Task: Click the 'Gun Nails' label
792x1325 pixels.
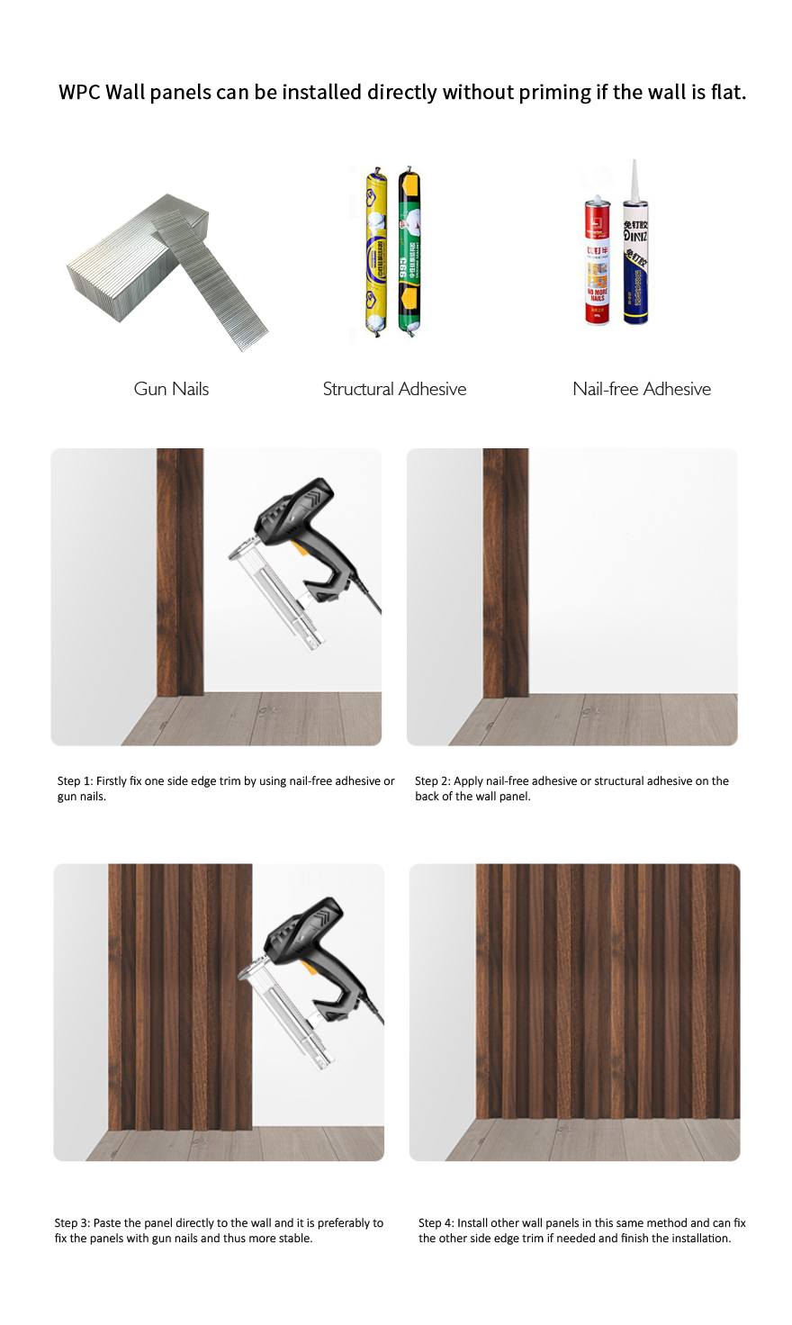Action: coord(171,389)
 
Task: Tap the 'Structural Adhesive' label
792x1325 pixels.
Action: coord(394,389)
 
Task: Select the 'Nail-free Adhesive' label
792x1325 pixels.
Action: coord(642,389)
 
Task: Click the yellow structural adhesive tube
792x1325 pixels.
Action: coord(376,252)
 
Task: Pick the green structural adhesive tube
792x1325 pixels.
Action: coord(409,252)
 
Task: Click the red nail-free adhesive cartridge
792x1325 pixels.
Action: coord(598,261)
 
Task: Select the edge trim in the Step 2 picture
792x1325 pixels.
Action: coord(506,572)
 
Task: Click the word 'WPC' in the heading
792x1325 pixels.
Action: coord(79,93)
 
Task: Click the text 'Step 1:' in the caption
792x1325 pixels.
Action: coord(75,781)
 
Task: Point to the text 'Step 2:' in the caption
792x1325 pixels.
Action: coord(432,781)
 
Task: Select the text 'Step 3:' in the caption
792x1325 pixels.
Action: coord(72,1223)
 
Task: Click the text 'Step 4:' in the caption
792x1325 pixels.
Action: coord(436,1223)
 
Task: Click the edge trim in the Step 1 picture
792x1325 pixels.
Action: coord(180,572)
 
